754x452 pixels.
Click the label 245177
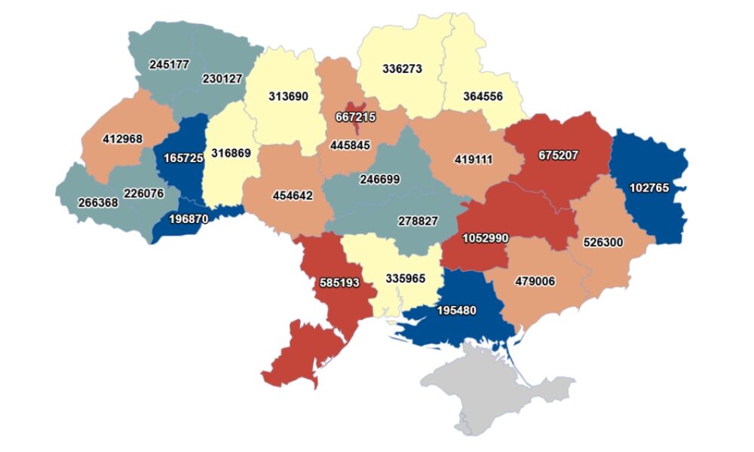pyautogui.click(x=170, y=65)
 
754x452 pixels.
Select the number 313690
pyautogui.click(x=289, y=96)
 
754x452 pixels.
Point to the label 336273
pyautogui.click(x=402, y=69)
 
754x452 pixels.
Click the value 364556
pyautogui.click(x=483, y=96)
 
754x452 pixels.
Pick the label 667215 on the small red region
pyautogui.click(x=355, y=117)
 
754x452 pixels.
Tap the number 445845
pyautogui.click(x=350, y=145)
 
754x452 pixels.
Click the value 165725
pyautogui.click(x=184, y=159)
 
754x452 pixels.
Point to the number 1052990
pyautogui.click(x=485, y=238)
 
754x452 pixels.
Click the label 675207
pyautogui.click(x=558, y=156)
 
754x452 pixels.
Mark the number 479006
pyautogui.click(x=535, y=281)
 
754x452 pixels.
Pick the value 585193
pyautogui.click(x=338, y=283)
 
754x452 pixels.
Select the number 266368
pyautogui.click(x=98, y=203)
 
